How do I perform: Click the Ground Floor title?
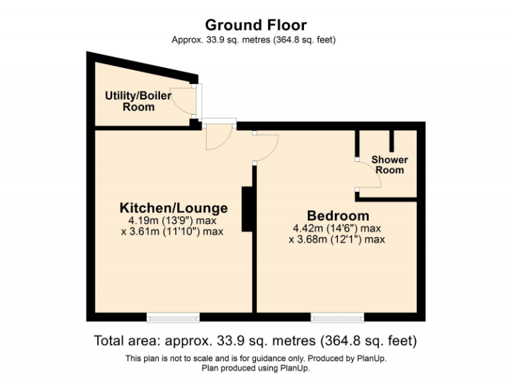coord(255,25)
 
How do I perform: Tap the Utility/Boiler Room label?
coord(138,101)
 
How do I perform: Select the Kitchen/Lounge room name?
coord(173,207)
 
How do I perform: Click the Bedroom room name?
coord(337,216)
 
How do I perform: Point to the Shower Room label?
coord(389,165)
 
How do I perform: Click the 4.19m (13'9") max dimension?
coord(173,220)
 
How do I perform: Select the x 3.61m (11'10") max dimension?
coord(173,231)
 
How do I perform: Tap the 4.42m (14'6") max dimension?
coord(337,228)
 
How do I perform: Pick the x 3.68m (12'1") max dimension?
coord(337,239)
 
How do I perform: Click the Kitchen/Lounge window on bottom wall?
coord(173,316)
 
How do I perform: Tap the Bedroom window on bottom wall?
coord(337,316)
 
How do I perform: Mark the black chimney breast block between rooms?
coord(247,209)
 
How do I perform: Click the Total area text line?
coord(255,341)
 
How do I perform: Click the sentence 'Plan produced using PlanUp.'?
coord(255,367)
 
